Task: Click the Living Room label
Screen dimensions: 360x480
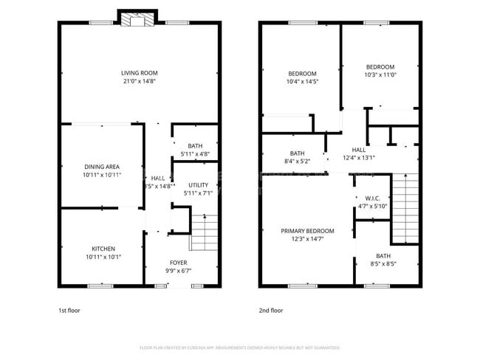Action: coord(140,72)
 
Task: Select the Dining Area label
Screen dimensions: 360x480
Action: coord(103,167)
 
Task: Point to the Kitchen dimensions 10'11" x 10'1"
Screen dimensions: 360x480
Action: coord(103,257)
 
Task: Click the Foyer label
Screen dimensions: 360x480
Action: coord(178,262)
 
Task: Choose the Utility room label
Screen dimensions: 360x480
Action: coord(198,185)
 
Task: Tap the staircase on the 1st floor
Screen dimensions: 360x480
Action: coord(202,233)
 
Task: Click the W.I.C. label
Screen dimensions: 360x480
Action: coord(371,198)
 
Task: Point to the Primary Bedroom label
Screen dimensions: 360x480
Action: coord(306,231)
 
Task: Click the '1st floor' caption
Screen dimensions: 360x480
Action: coord(69,311)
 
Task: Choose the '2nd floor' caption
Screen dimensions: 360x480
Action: coord(270,311)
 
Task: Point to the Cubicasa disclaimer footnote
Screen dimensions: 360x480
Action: coord(239,347)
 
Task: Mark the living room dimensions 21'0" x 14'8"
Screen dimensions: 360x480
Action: coord(140,80)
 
